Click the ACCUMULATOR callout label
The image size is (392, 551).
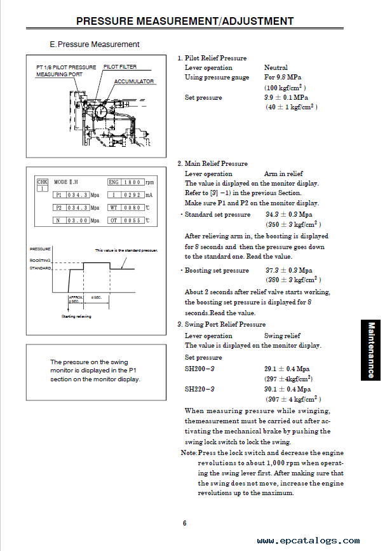click(134, 81)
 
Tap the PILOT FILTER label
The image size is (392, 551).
click(119, 67)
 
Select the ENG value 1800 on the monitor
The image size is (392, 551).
click(132, 182)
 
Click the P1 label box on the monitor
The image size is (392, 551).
click(59, 195)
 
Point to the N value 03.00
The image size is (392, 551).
click(77, 221)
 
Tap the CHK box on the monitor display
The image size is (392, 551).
click(43, 185)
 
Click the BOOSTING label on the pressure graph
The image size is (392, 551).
click(40, 261)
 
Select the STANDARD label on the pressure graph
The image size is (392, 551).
click(40, 268)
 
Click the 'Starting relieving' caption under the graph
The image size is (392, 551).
click(76, 316)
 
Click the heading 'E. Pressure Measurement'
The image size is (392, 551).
click(95, 44)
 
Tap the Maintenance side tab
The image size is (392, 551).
click(371, 350)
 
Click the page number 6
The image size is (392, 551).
click(184, 523)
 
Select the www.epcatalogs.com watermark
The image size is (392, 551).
click(308, 541)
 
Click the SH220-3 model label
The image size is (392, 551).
click(199, 390)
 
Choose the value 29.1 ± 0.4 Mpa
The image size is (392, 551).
click(287, 369)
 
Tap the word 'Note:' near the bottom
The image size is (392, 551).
click(189, 452)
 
